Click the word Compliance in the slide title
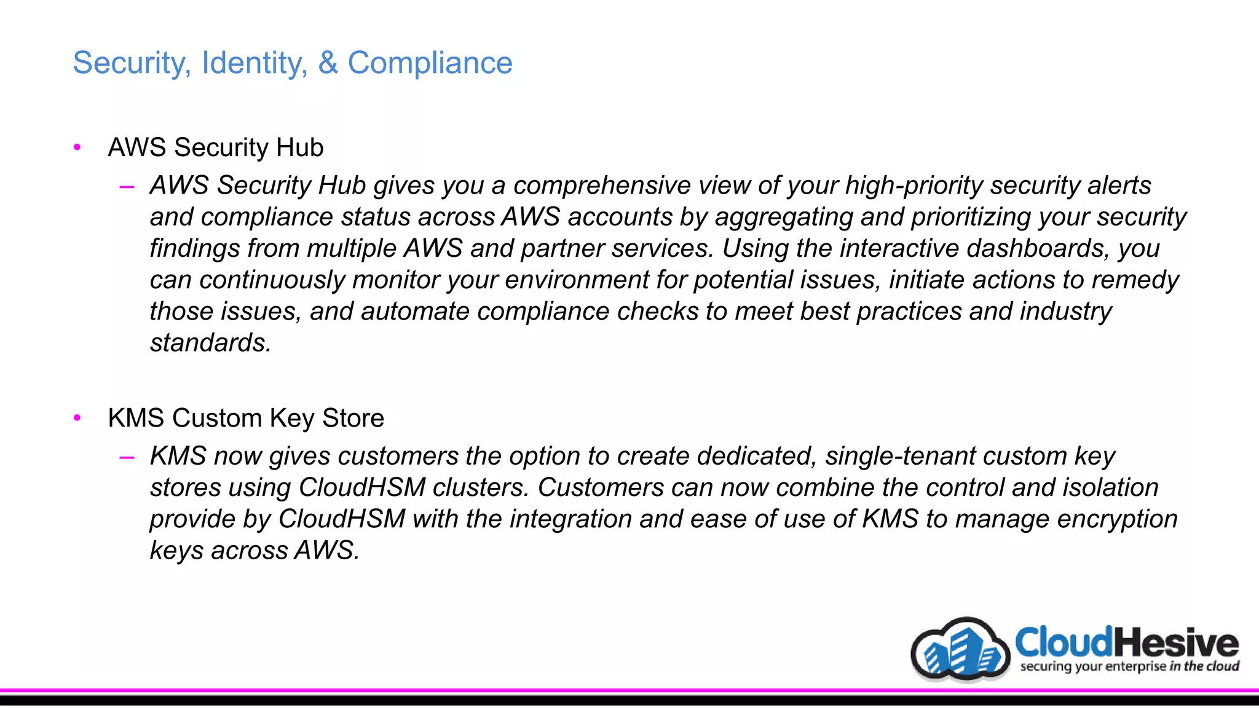point(430,63)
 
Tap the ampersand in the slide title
point(328,63)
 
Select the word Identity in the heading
point(255,63)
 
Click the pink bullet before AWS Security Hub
point(77,147)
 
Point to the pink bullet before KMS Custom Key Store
point(77,418)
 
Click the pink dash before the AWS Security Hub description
point(127,186)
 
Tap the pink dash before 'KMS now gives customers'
point(127,457)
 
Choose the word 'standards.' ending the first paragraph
point(210,343)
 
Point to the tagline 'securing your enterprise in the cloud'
point(1129,667)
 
